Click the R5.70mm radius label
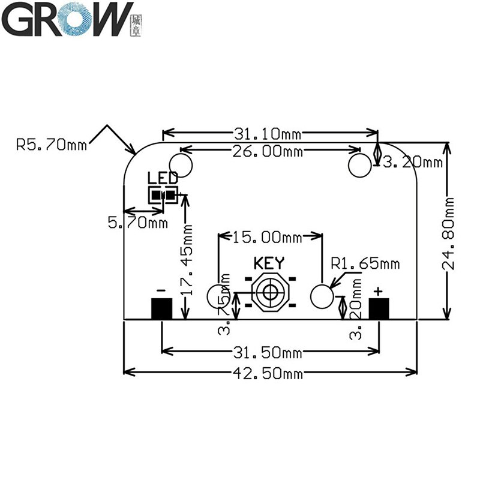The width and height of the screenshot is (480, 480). (x=52, y=145)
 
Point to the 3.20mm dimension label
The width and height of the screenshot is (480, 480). (x=413, y=162)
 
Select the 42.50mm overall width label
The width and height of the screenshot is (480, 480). (x=269, y=374)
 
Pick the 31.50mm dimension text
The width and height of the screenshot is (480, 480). (x=269, y=351)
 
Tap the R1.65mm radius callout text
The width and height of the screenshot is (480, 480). (x=365, y=263)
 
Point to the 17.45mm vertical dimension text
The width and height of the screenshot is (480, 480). (x=188, y=259)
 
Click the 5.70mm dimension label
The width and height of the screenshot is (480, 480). (x=137, y=223)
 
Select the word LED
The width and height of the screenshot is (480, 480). (x=163, y=178)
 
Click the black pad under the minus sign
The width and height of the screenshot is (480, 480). (x=161, y=308)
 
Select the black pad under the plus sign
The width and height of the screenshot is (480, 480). (x=379, y=308)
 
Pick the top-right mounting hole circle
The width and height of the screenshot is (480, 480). (x=360, y=165)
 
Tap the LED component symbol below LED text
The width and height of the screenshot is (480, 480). (x=163, y=194)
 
